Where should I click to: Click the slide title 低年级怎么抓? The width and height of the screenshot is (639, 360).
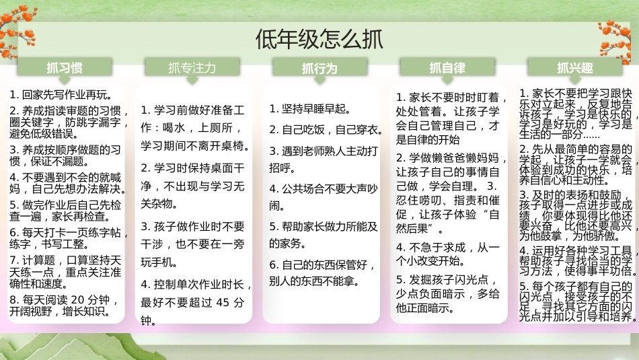pyautogui.click(x=319, y=39)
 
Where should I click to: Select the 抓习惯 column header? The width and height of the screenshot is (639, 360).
pyautogui.click(x=65, y=68)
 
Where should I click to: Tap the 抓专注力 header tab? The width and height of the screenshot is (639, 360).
pyautogui.click(x=192, y=68)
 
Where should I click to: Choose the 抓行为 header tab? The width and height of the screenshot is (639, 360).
pyautogui.click(x=320, y=68)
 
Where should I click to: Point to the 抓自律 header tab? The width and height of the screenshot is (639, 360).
pyautogui.click(x=447, y=68)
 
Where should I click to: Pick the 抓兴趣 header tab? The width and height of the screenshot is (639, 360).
pyautogui.click(x=575, y=68)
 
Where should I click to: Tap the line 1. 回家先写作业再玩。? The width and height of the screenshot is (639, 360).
pyautogui.click(x=61, y=95)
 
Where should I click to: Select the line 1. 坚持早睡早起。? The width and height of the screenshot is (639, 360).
pyautogui.click(x=310, y=109)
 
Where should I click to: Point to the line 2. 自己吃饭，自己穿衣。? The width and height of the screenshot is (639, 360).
pyautogui.click(x=326, y=130)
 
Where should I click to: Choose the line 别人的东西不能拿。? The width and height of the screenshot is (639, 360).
pyautogui.click(x=314, y=281)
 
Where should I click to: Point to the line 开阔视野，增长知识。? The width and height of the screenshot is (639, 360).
pyautogui.click(x=61, y=312)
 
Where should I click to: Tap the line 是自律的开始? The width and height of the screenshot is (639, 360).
pyautogui.click(x=428, y=140)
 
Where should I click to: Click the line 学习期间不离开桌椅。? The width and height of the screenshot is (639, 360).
pyautogui.click(x=196, y=145)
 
